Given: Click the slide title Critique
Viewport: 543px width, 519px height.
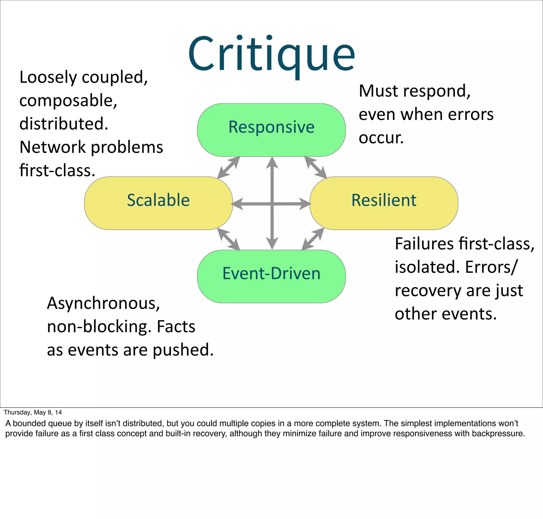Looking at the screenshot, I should (x=271, y=54).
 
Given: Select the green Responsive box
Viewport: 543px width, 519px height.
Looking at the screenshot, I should (x=271, y=130).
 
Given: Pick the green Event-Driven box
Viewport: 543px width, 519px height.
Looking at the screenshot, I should (x=271, y=276).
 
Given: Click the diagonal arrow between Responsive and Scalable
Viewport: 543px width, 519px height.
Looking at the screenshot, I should (x=228, y=167).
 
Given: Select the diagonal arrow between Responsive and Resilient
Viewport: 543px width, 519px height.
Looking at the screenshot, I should (x=316, y=167).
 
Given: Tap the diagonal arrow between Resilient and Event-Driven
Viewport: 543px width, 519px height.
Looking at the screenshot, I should (x=313, y=239).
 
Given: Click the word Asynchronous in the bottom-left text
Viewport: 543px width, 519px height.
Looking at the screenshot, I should (x=103, y=304).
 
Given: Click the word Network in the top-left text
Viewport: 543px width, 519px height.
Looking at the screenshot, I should (x=52, y=147).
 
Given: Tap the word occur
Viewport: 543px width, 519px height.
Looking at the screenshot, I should (x=381, y=138).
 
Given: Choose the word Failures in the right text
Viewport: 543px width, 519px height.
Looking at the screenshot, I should (x=424, y=244).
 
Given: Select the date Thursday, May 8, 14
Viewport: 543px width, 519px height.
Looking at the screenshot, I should (x=33, y=412).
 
